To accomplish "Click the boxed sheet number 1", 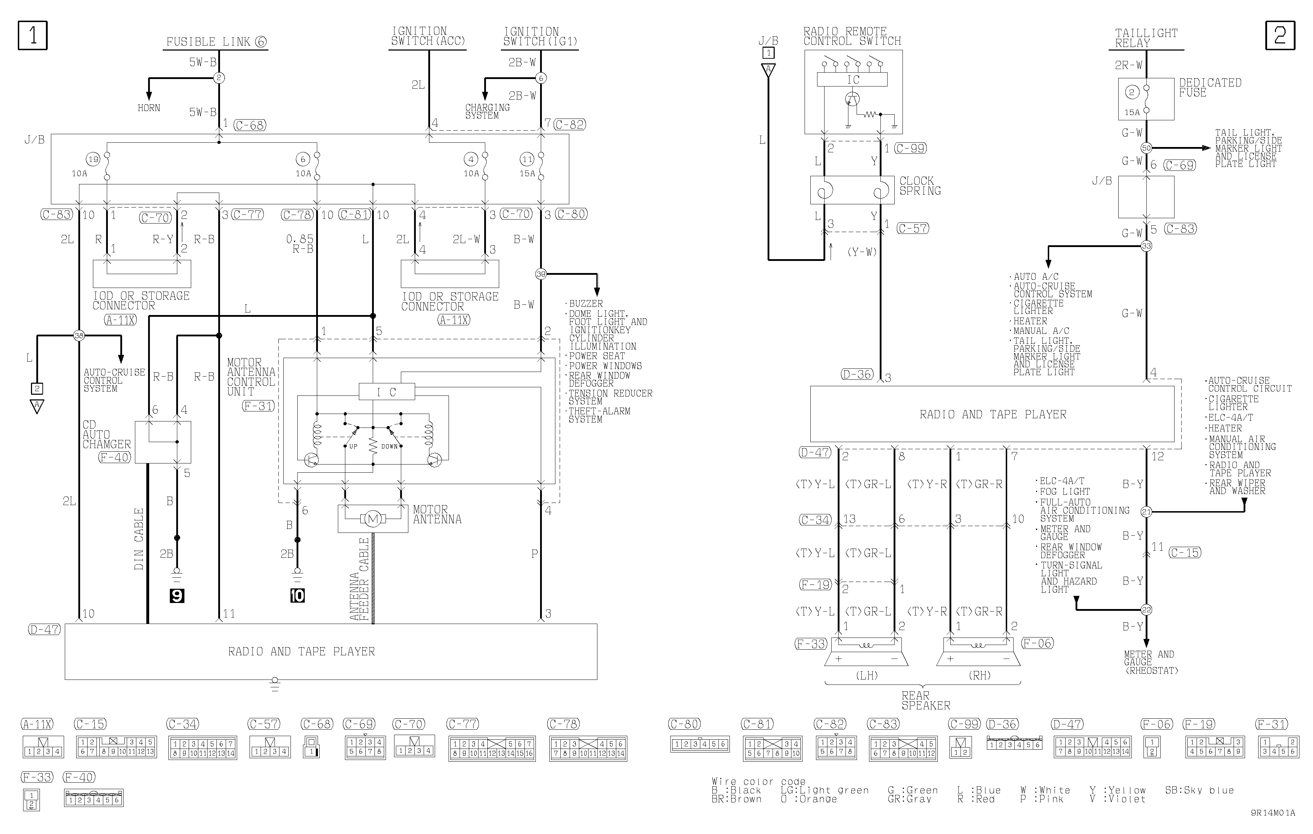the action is click(x=33, y=36).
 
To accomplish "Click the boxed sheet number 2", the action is click(x=1280, y=36).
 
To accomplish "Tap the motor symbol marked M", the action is click(x=373, y=519).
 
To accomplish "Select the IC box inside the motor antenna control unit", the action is click(x=387, y=392).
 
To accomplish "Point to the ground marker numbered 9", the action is click(x=177, y=596).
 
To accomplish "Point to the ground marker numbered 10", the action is click(x=297, y=596).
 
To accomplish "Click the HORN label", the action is click(x=149, y=108).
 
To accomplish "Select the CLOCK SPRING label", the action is click(x=920, y=186).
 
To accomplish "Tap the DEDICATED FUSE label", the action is click(x=1210, y=88).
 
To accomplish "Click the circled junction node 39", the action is click(x=540, y=274).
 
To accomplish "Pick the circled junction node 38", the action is click(x=79, y=335).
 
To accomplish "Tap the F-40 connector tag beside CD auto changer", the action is click(x=115, y=457).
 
